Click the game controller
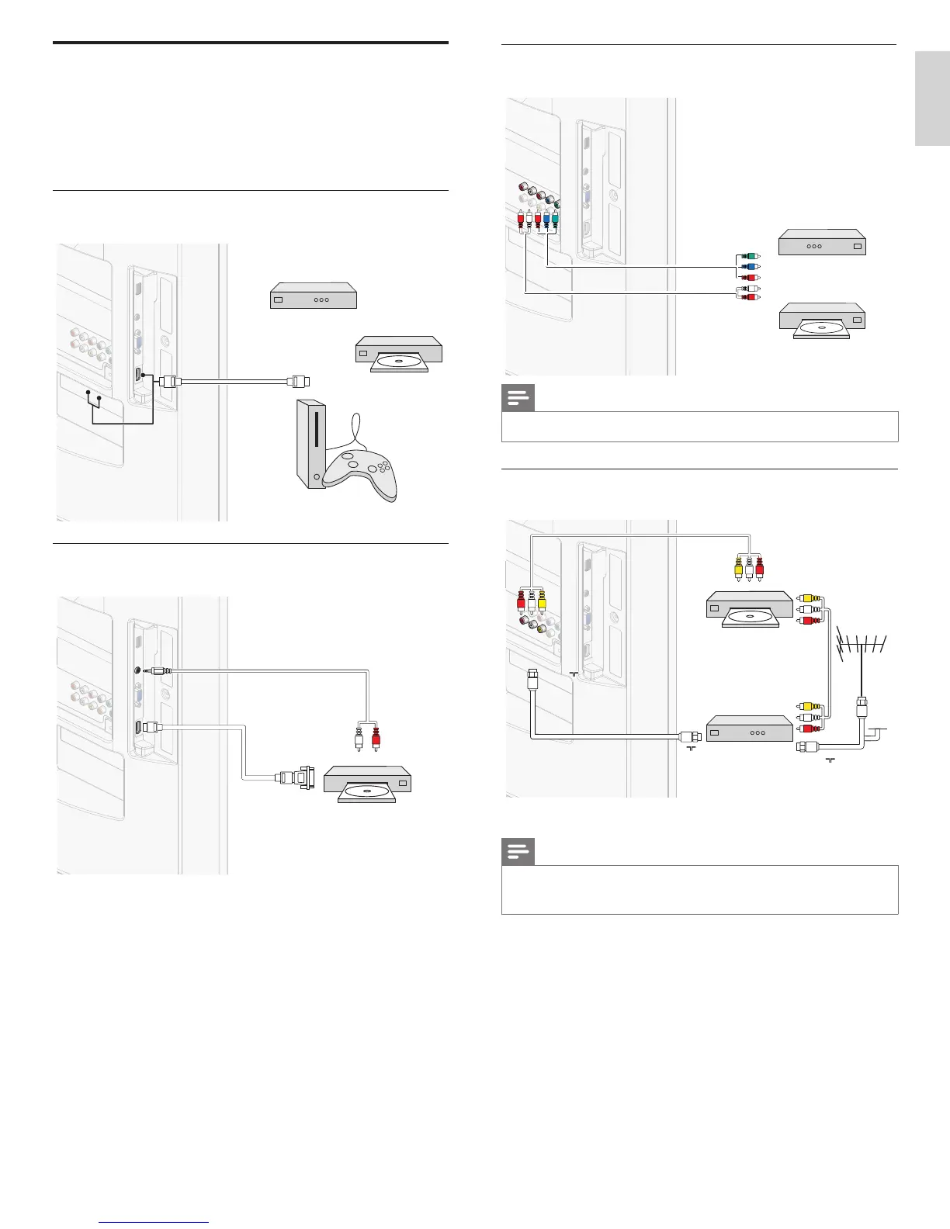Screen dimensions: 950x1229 click(x=360, y=469)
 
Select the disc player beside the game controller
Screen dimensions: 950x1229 click(x=398, y=354)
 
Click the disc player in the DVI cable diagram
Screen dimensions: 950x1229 click(x=367, y=784)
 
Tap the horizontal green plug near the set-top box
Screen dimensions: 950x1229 click(x=748, y=256)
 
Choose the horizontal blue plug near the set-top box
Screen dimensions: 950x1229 click(x=748, y=267)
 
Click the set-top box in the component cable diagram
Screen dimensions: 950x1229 click(x=821, y=244)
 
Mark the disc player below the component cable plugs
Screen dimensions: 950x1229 click(x=821, y=320)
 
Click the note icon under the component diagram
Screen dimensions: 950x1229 click(x=518, y=399)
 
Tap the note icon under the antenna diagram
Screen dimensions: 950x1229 click(x=518, y=853)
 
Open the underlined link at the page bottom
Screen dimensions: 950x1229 click(x=154, y=1222)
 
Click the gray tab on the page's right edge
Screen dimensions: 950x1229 click(x=932, y=99)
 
